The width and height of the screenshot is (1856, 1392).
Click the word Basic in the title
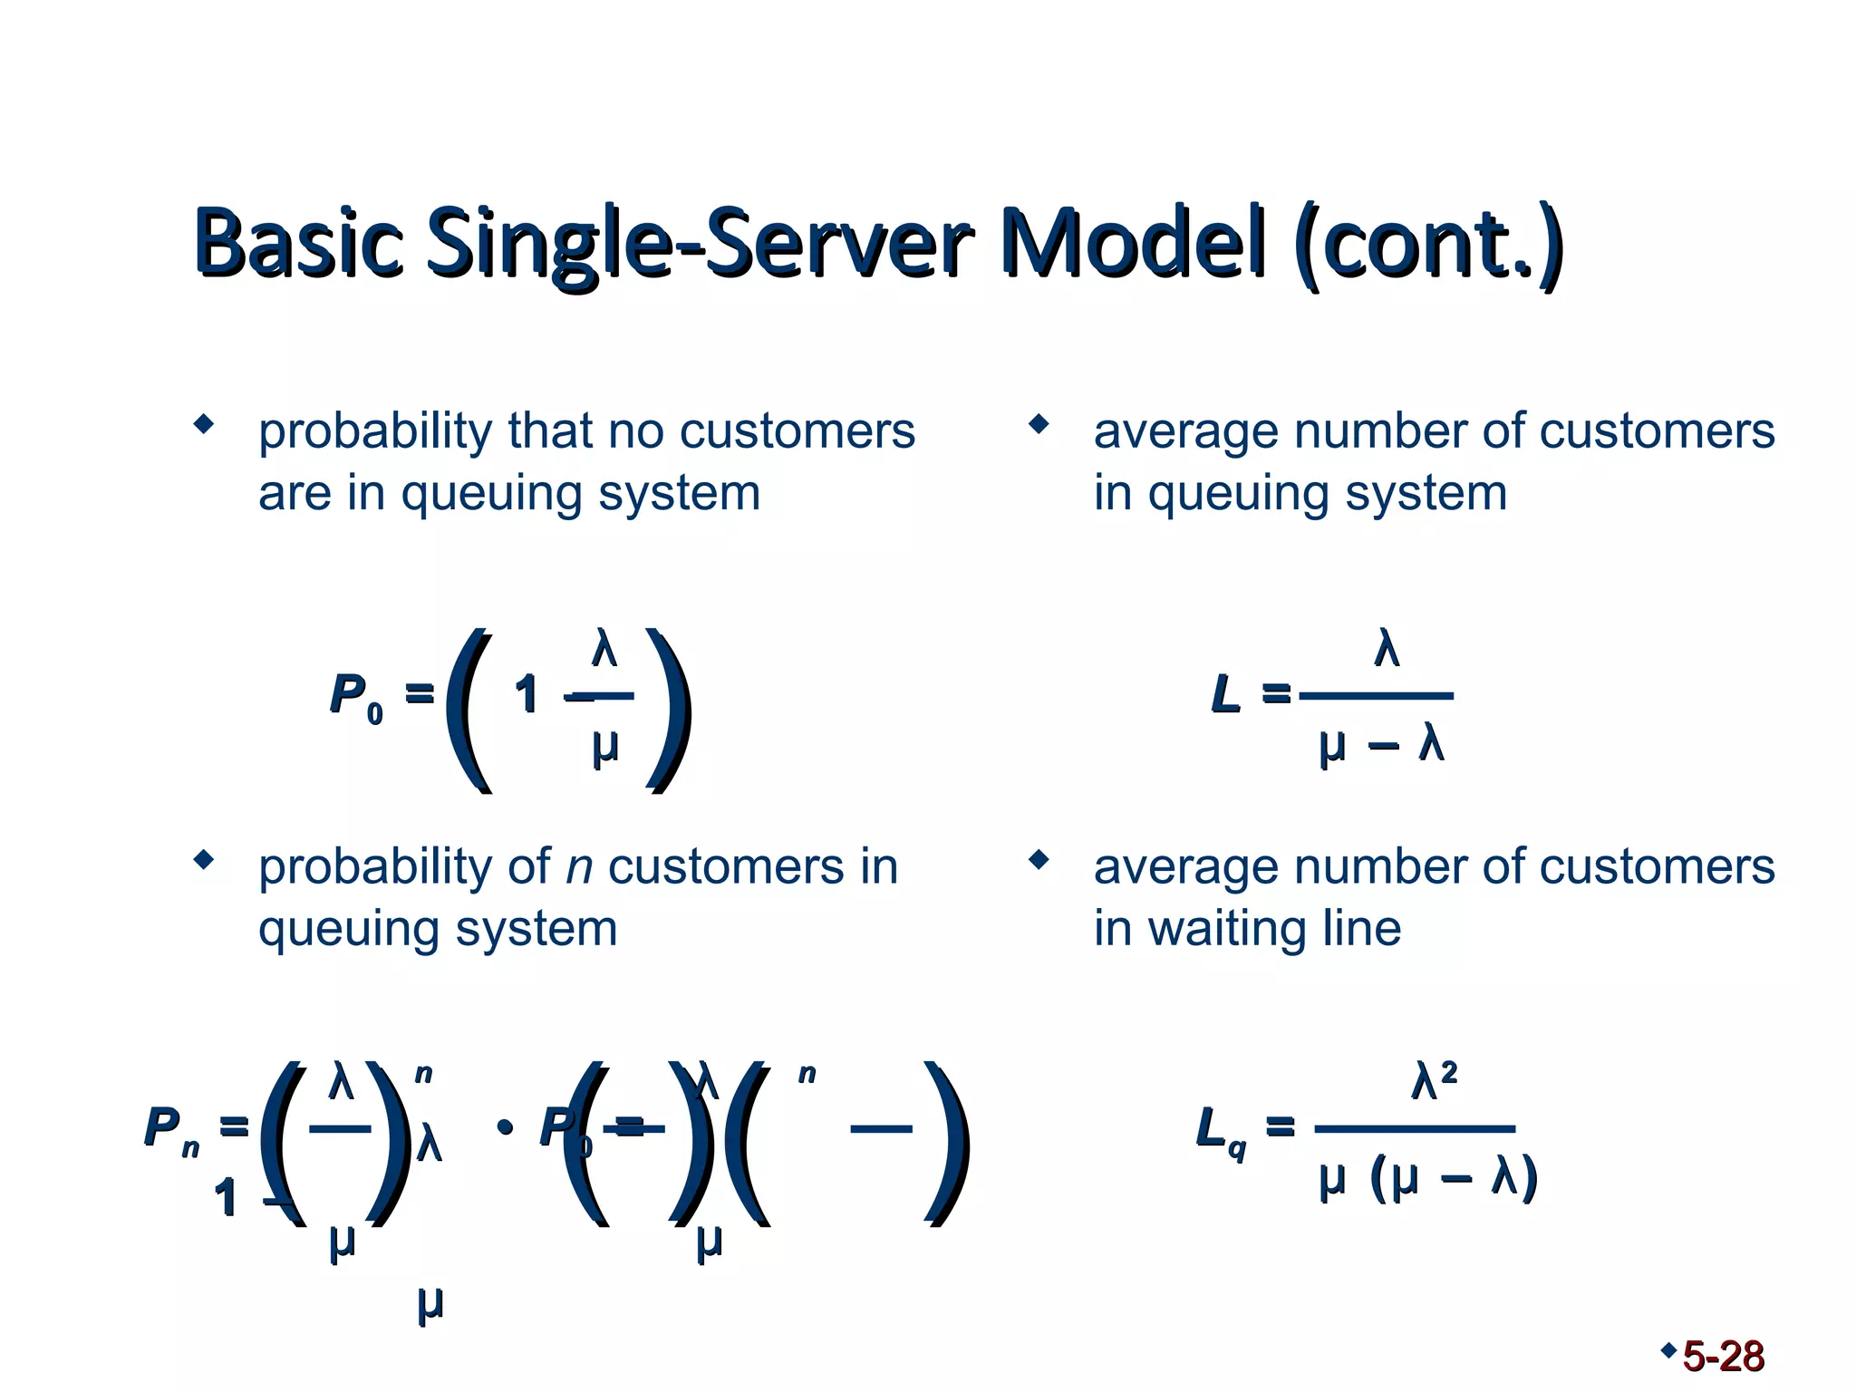click(x=298, y=243)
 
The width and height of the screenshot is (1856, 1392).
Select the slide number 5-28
click(x=1723, y=1357)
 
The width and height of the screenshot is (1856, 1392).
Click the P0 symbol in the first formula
click(x=354, y=697)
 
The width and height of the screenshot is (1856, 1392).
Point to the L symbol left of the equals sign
click(x=1224, y=695)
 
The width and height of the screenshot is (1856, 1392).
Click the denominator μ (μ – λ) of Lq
click(x=1427, y=1178)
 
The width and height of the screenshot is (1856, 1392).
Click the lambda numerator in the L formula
click(x=1386, y=649)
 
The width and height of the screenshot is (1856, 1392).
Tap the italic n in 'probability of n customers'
click(x=579, y=867)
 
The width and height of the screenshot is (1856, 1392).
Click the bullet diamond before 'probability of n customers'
click(x=204, y=859)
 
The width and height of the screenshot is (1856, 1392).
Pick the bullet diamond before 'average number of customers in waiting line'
click(x=1039, y=859)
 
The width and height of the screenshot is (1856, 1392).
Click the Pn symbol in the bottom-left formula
click(x=170, y=1131)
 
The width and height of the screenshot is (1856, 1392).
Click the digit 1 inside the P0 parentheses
click(x=526, y=696)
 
